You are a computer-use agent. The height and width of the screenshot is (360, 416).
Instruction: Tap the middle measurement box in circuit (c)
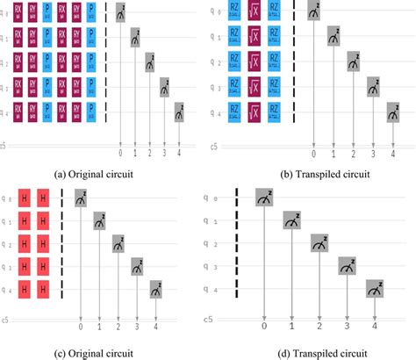coord(118,244)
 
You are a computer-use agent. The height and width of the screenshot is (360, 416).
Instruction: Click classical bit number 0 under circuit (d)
coord(264,327)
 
